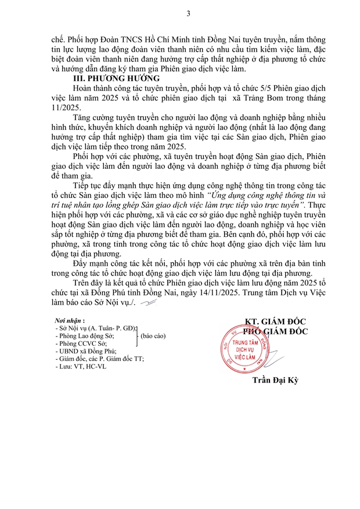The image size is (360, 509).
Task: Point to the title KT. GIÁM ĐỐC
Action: coord(275,322)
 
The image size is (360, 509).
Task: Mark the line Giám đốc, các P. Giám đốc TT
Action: coord(101,359)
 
